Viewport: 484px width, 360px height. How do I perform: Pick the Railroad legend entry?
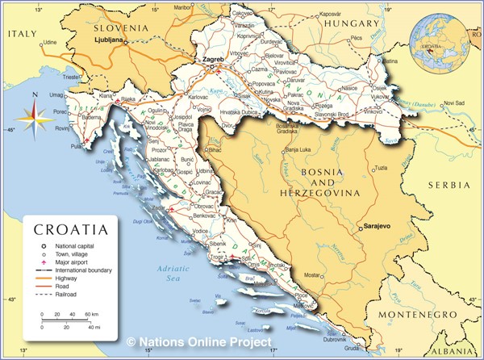tap(68, 295)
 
